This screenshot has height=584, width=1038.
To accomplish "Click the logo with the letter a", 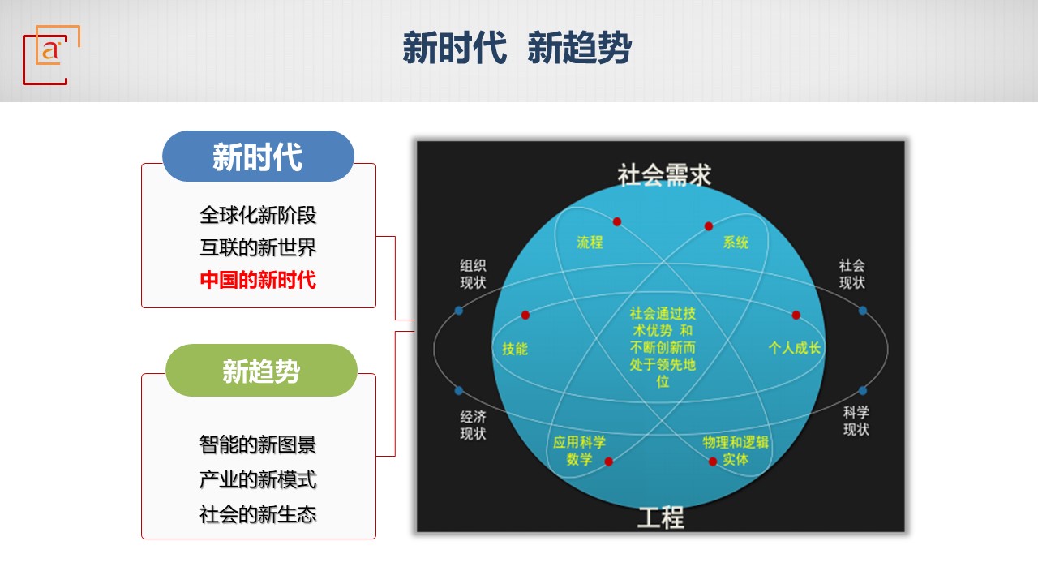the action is pyautogui.click(x=51, y=54).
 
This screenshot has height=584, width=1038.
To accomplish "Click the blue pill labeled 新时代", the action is pyautogui.click(x=258, y=157).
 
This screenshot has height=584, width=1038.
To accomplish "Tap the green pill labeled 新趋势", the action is pyautogui.click(x=261, y=371).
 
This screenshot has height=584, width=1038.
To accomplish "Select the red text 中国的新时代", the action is pyautogui.click(x=258, y=280).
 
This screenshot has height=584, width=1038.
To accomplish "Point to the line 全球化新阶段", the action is pyautogui.click(x=258, y=215).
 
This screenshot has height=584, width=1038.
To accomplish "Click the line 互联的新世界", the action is pyautogui.click(x=258, y=247).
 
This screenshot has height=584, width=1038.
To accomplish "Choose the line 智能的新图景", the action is pyautogui.click(x=258, y=444).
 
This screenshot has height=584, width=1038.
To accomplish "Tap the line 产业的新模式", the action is pyautogui.click(x=258, y=479).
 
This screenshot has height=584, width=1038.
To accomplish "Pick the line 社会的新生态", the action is pyautogui.click(x=258, y=514).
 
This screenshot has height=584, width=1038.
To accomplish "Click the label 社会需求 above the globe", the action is pyautogui.click(x=663, y=175).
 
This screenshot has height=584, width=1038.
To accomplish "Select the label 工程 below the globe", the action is pyautogui.click(x=661, y=517).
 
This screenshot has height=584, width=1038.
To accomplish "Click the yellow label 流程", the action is pyautogui.click(x=590, y=242).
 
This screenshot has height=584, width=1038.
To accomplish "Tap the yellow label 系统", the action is pyautogui.click(x=736, y=242).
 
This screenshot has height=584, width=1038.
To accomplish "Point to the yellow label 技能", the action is pyautogui.click(x=515, y=349).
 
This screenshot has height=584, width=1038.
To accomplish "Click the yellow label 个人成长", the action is pyautogui.click(x=794, y=348).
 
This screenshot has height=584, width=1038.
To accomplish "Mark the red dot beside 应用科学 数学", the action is pyautogui.click(x=609, y=462).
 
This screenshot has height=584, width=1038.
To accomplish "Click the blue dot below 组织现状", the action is pyautogui.click(x=459, y=311).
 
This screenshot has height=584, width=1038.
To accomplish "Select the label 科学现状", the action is pyautogui.click(x=856, y=421).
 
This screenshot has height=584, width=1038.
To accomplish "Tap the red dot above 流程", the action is pyautogui.click(x=617, y=221).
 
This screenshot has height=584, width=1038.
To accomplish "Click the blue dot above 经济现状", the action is pyautogui.click(x=459, y=391).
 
